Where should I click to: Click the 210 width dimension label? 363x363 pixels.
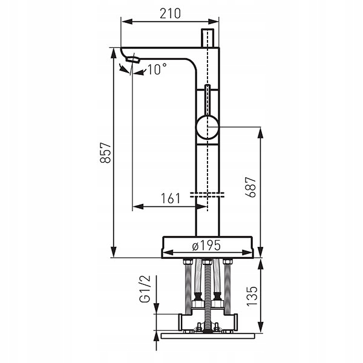click(x=170, y=13)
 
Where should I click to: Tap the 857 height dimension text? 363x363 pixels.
click(x=105, y=153)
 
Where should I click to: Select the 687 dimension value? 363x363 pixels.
click(x=250, y=187)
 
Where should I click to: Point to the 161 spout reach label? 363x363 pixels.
click(x=171, y=198)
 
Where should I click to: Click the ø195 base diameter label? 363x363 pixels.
click(x=206, y=246)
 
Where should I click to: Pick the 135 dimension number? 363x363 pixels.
click(x=252, y=296)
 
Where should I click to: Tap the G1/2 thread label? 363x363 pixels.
click(x=145, y=289)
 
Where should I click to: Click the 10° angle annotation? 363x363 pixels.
click(x=157, y=69)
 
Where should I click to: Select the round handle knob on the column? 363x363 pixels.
click(x=207, y=127)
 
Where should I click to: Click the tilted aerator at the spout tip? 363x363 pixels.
click(x=133, y=59)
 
